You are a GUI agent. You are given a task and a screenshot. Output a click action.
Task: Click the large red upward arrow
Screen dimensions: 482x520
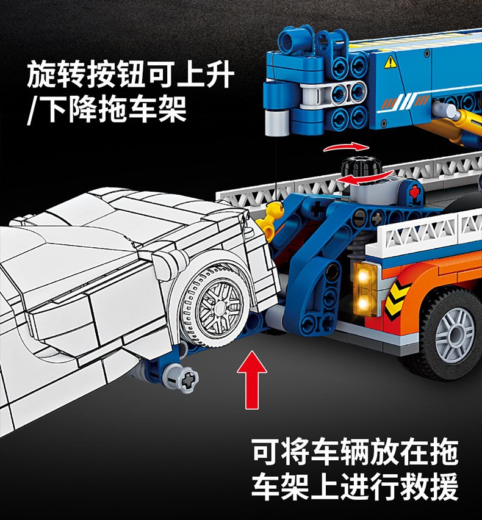(252, 380)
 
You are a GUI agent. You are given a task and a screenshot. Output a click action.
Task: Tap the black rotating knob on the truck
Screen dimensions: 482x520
(361, 168)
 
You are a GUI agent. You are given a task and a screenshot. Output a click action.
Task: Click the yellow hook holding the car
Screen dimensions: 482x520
(273, 217)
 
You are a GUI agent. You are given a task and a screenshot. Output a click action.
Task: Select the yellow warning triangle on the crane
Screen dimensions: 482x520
(390, 62)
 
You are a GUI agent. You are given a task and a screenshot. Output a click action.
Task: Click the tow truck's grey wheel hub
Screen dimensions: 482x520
(455, 335)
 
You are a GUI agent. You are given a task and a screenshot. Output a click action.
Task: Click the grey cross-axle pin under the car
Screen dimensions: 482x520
(183, 378)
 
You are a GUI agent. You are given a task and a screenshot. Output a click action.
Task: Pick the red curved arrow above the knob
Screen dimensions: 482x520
(345, 146)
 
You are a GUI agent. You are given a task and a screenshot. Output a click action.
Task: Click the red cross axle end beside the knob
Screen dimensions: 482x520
(414, 192)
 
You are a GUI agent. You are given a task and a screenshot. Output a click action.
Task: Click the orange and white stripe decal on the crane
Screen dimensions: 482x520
(404, 102)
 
